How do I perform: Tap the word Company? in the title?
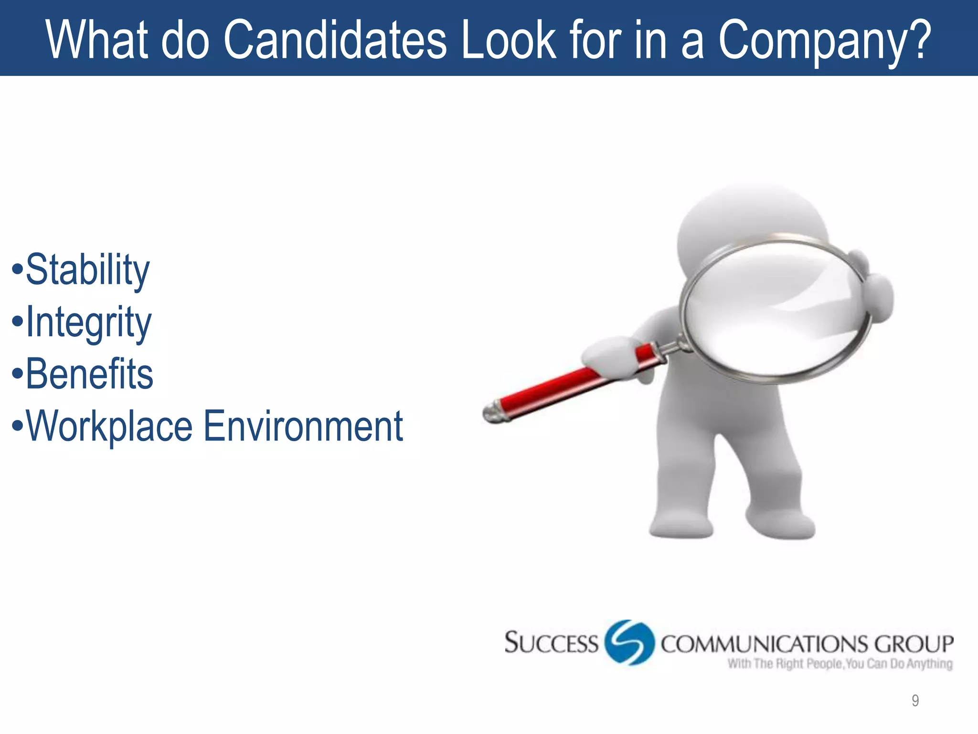click(825, 42)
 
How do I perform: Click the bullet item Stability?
click(87, 270)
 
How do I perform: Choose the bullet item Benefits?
click(89, 374)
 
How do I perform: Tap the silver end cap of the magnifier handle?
click(492, 412)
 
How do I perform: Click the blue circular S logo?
click(629, 643)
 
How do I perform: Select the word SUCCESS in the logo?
click(552, 643)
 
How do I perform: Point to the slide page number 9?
click(915, 701)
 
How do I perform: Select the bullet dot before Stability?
click(17, 269)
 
